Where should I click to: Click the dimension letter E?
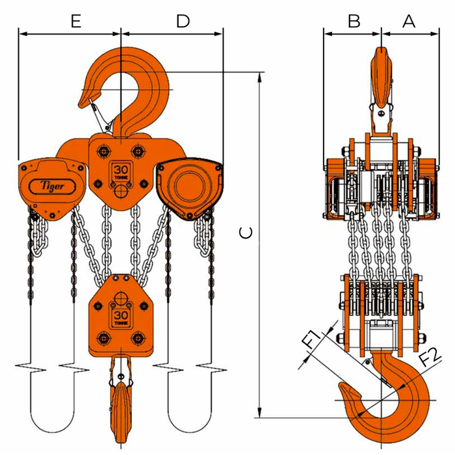[x=76, y=21]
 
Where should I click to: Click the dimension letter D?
[x=183, y=21]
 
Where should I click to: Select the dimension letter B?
[x=354, y=21]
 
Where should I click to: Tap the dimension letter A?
[x=409, y=21]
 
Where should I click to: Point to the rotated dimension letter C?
[x=246, y=233]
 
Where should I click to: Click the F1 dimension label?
[x=313, y=339]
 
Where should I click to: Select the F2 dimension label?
[x=431, y=356]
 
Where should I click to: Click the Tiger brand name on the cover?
[x=52, y=186]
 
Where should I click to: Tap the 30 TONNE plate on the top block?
[x=121, y=172]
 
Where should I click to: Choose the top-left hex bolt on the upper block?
[x=103, y=151]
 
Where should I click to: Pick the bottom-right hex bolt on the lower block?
[x=138, y=339]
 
